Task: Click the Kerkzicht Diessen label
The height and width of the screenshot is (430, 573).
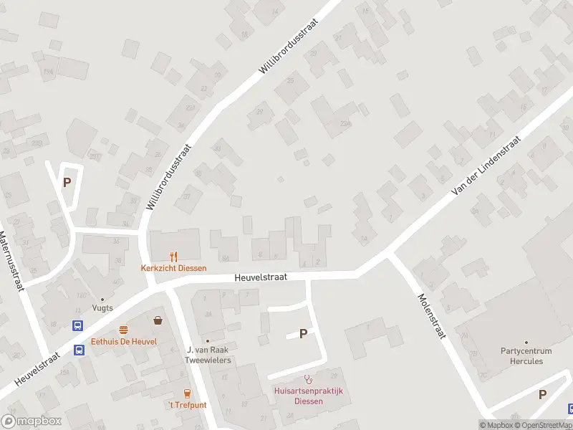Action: [173, 268]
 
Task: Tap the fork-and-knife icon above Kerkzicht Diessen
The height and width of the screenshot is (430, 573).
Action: [173, 257]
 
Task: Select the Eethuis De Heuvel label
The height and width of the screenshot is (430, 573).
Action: [124, 342]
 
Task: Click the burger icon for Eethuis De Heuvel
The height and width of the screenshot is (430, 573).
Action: [124, 330]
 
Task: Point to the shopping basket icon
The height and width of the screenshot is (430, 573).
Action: [158, 320]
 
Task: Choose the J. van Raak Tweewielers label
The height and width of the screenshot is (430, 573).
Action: [208, 354]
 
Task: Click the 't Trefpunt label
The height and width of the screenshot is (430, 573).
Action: [187, 404]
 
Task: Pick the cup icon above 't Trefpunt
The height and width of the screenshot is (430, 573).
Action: [187, 393]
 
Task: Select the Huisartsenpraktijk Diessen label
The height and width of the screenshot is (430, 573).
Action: [309, 396]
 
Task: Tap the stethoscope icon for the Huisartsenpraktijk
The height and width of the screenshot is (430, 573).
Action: [309, 379]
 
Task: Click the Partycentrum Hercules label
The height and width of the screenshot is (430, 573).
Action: [526, 355]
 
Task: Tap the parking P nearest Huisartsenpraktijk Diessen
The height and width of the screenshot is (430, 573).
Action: [303, 333]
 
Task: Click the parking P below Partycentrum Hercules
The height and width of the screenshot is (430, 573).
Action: [542, 394]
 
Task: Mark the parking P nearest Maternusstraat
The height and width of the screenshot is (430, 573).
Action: [67, 182]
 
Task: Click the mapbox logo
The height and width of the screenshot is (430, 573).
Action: [30, 421]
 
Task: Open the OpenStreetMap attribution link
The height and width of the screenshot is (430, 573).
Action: [543, 425]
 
